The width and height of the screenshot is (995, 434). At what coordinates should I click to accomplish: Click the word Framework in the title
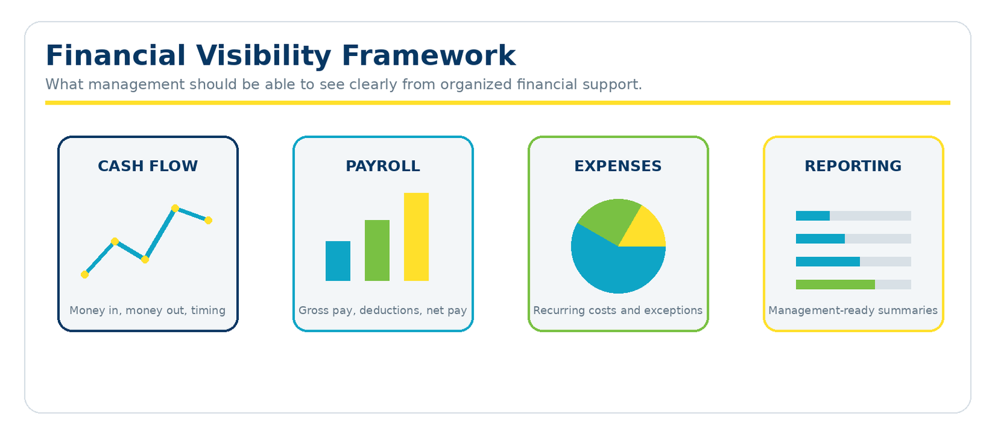point(428,55)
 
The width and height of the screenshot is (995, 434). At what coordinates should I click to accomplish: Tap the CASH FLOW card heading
point(148,166)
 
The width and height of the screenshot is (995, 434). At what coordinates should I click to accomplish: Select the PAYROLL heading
point(383,166)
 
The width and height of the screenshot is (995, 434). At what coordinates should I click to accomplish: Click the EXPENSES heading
point(618,166)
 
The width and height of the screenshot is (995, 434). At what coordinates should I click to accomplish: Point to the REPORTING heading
point(853,166)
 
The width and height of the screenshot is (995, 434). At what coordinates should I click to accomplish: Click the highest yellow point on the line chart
point(175,208)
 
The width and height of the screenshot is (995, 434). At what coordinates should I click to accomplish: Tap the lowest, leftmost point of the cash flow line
point(85,275)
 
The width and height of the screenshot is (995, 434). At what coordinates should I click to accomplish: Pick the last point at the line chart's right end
point(208,220)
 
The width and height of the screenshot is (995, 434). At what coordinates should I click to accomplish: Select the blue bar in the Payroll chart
point(338,261)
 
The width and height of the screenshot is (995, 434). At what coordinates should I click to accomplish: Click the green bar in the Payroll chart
point(377,250)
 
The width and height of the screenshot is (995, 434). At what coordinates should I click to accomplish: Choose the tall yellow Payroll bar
point(416,237)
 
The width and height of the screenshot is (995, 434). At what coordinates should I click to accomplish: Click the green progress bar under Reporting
point(835,284)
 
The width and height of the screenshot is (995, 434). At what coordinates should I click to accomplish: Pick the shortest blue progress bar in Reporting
point(812,216)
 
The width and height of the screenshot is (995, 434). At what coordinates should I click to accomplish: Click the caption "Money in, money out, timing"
point(147,310)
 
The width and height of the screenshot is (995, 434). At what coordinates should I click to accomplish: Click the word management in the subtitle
point(136,85)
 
